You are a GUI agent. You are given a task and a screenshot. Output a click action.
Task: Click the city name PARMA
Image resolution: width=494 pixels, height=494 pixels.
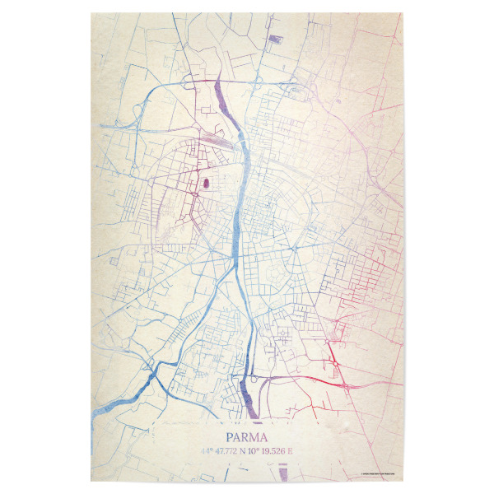click(247, 437)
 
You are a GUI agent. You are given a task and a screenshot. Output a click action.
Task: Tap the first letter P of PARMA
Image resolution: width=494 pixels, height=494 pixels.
click(230, 437)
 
